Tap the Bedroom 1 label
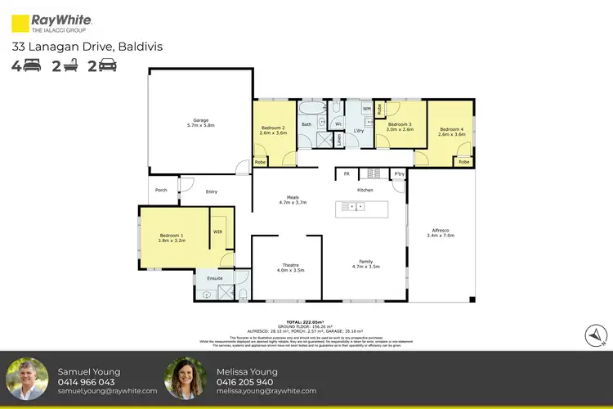click(x=172, y=238)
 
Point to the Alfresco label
click(x=440, y=232)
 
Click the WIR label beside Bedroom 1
click(x=217, y=231)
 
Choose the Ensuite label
click(x=215, y=278)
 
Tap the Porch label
click(x=160, y=191)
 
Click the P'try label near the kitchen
click(x=400, y=174)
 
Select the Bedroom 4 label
click(x=451, y=132)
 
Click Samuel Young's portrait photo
click(x=26, y=378)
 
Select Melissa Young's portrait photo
click(x=185, y=378)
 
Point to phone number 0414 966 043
click(x=86, y=382)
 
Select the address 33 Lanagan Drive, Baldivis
click(x=87, y=47)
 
